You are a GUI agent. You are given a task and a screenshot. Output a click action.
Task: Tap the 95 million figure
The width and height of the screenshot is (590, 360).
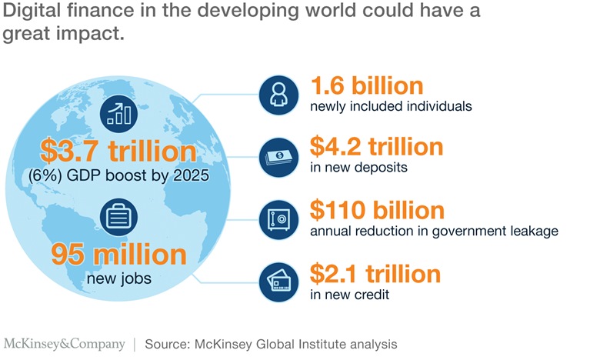[120, 255]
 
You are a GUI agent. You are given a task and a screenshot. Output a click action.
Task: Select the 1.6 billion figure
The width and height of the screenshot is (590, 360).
[366, 85]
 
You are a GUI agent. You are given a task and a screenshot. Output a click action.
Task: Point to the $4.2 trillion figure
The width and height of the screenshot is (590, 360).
[376, 146]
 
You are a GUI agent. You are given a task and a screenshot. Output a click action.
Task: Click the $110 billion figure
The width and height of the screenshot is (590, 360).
[377, 210]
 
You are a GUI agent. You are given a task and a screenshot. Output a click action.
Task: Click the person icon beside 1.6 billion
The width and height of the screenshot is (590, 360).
[278, 95]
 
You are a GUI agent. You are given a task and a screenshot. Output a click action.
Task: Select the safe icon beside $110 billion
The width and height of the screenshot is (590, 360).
[278, 218]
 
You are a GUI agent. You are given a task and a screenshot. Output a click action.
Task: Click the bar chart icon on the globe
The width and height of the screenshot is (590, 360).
[119, 114]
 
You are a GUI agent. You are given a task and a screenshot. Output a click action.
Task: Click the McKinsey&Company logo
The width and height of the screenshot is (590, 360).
[65, 343]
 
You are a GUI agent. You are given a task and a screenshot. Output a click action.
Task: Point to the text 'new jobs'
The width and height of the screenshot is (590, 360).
[120, 278]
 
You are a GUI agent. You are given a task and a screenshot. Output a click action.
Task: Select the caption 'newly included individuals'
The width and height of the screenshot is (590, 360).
[390, 106]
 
